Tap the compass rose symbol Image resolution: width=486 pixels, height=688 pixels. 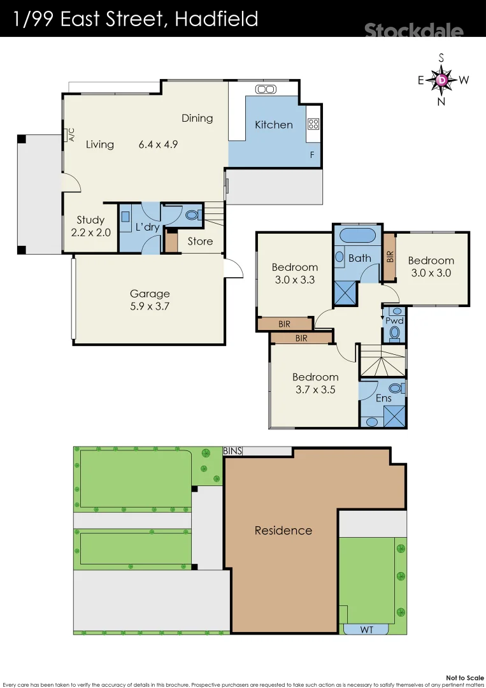[x=442, y=80]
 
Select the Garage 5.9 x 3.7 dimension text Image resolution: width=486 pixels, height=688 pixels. [x=150, y=306]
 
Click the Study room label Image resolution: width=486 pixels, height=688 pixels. [x=90, y=220]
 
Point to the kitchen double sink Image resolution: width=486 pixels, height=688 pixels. [x=264, y=90]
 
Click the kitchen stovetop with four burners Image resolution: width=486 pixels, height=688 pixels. [x=313, y=124]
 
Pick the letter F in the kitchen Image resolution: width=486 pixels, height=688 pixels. [x=312, y=155]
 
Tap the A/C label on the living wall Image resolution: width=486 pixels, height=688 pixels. [x=71, y=135]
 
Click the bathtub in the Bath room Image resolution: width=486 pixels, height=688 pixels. [x=357, y=234]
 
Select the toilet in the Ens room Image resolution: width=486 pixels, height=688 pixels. [x=396, y=388]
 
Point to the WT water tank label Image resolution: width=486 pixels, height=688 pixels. [x=367, y=629]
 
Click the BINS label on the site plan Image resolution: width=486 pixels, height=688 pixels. [x=232, y=451]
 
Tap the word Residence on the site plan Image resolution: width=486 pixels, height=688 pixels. [x=283, y=530]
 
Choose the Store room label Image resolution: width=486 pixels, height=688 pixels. [x=200, y=241]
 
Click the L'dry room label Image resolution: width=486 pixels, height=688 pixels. [x=147, y=227]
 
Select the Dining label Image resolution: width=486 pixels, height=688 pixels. [x=197, y=118]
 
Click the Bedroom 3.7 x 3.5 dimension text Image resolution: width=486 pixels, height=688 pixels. [x=315, y=389]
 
